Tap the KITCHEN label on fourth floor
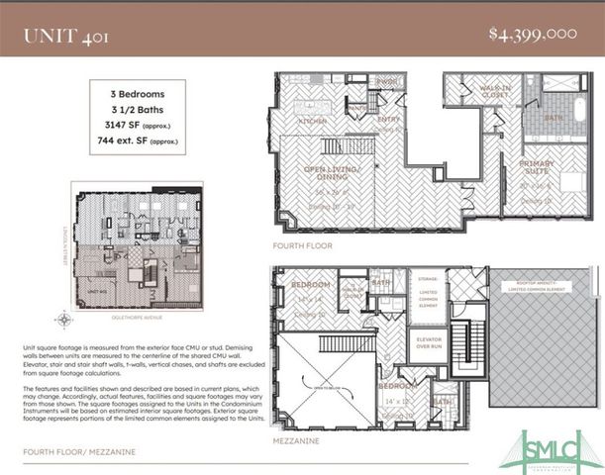[x=313, y=121]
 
